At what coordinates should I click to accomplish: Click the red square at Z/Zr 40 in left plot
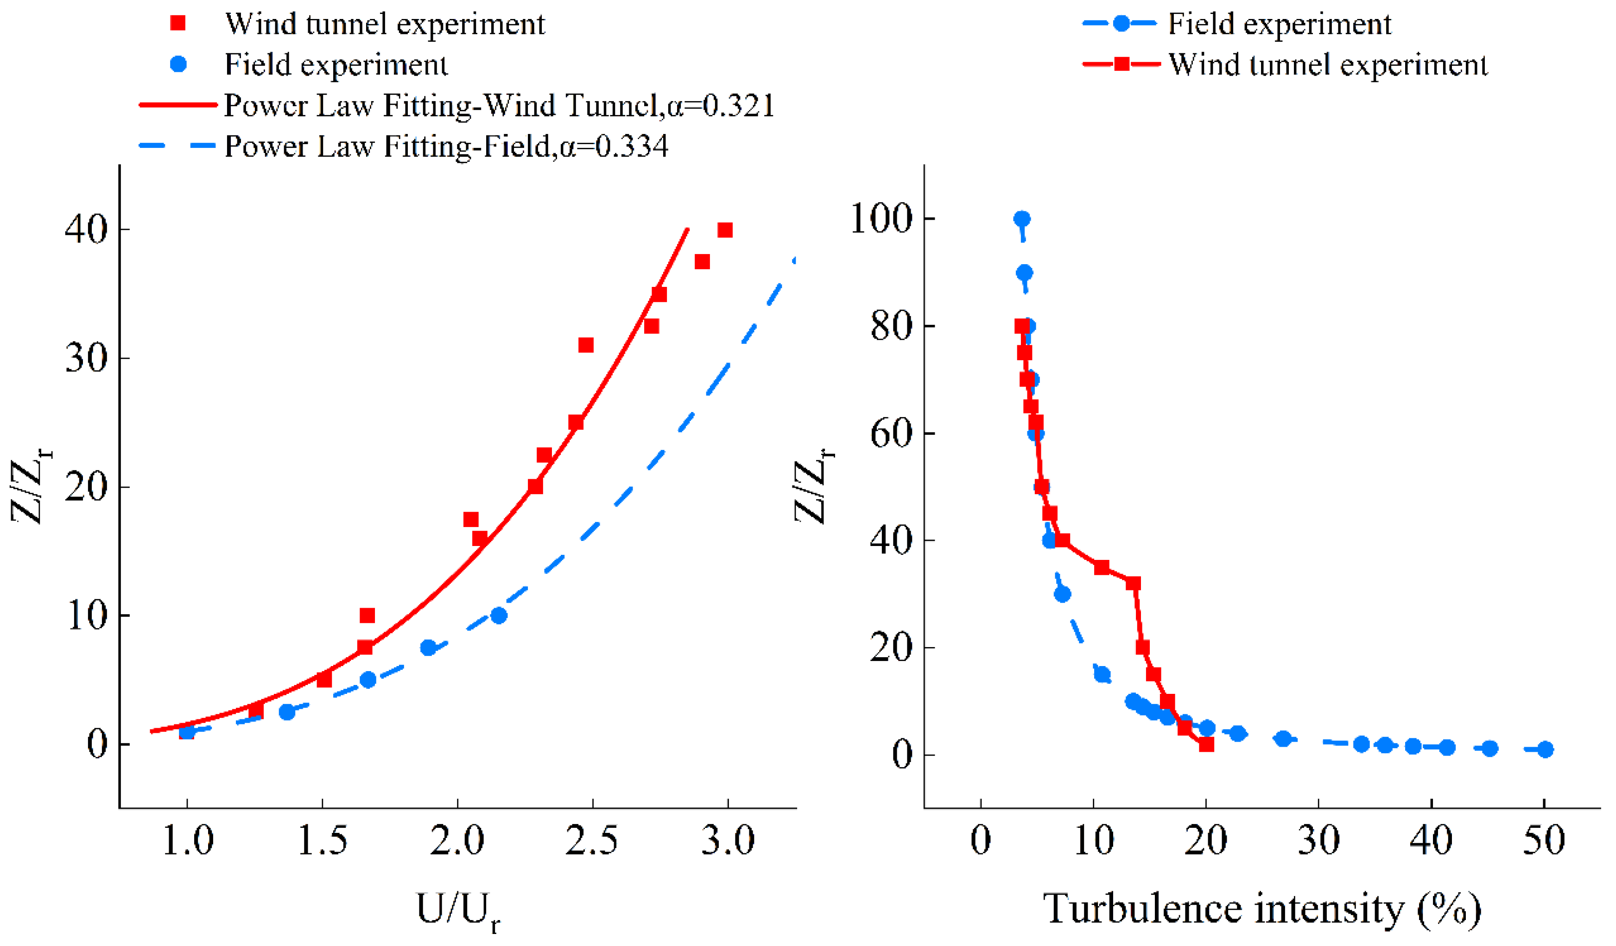coord(725,230)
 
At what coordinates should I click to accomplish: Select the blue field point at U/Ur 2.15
coord(499,616)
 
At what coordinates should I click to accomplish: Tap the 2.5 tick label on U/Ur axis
coord(592,841)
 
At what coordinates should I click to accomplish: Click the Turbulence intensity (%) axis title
coord(1262,909)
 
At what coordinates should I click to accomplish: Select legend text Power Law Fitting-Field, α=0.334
coord(446,146)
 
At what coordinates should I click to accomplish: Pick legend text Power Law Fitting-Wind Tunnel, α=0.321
coord(500,106)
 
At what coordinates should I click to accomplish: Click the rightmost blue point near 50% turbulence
coord(1546,749)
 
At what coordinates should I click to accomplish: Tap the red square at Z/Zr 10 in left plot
coord(367,616)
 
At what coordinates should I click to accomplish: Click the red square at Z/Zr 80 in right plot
coord(1021,326)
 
